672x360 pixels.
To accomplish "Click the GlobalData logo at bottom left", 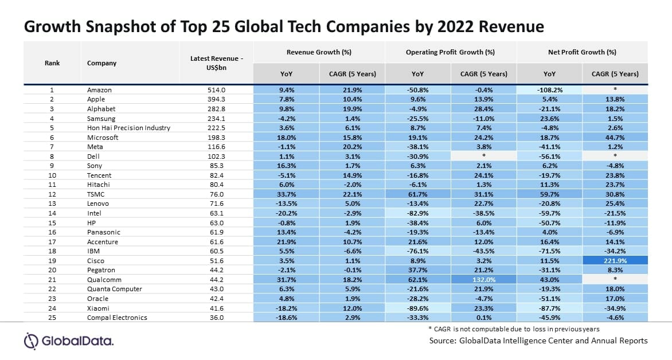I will tap(68, 342).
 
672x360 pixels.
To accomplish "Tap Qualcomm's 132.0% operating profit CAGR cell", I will tap(483, 280).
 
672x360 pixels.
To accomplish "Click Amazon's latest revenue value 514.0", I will tap(218, 90).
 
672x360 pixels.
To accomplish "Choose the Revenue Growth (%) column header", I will tap(319, 52).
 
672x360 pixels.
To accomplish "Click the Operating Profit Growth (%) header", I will tap(450, 52).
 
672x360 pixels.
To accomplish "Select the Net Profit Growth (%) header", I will tap(582, 52).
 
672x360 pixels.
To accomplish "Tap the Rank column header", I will tap(52, 63).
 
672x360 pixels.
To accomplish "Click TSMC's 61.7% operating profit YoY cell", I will tap(418, 194).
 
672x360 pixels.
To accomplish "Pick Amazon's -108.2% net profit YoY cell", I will tap(549, 90).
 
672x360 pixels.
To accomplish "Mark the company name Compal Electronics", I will tap(117, 318).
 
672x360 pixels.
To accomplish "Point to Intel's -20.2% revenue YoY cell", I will tap(286, 213).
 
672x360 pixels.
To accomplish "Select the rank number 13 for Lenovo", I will tap(52, 204).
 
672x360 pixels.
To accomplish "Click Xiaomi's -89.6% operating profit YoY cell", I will tap(418, 308).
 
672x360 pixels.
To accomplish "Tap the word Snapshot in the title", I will tap(119, 26).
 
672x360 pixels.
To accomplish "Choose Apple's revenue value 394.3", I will tap(218, 100).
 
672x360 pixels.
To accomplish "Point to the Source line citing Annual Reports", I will tap(538, 341).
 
